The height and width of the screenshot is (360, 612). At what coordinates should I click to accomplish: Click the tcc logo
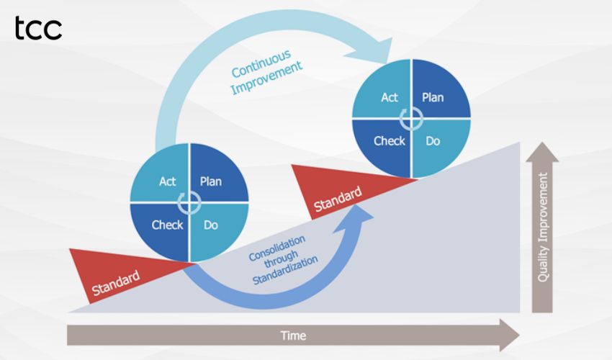coord(38,29)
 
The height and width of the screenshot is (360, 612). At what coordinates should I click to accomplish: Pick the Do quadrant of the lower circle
coord(211,225)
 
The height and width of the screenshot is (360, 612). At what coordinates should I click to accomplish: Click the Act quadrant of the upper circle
coord(389,97)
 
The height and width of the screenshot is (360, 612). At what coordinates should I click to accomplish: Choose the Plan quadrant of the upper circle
coord(433,97)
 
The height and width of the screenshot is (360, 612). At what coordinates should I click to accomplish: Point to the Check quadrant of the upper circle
coord(389,141)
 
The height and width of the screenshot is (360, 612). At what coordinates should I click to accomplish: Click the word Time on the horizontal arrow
coord(293,336)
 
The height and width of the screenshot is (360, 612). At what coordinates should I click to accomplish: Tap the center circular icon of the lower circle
coord(189,202)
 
